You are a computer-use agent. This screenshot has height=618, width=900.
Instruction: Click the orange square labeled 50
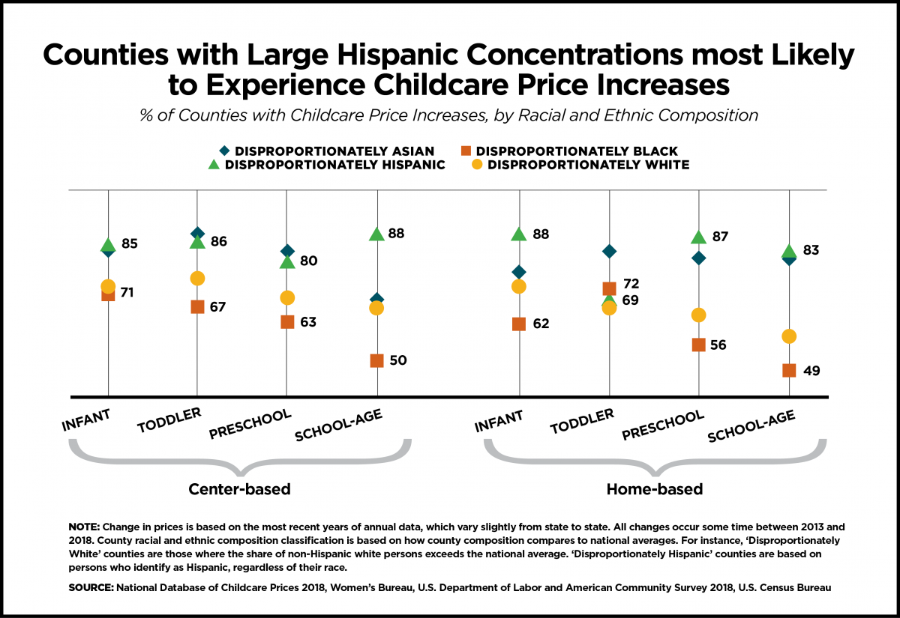tap(376, 360)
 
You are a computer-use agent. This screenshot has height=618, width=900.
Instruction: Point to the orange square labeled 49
tap(789, 370)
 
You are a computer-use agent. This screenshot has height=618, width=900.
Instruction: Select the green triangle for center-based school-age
tap(376, 234)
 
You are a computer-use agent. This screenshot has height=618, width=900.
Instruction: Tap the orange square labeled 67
tap(197, 306)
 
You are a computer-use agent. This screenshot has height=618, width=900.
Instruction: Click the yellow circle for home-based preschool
tap(698, 315)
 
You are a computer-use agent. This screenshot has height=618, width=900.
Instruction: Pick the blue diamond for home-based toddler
tap(609, 251)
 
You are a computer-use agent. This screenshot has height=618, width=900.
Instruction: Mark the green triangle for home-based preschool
tap(698, 237)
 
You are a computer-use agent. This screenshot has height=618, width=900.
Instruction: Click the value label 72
tap(631, 284)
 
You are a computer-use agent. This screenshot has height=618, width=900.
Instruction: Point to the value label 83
tap(811, 250)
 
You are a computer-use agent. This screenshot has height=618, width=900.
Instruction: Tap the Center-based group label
tap(239, 490)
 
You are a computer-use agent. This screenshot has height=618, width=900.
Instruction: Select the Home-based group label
tap(654, 490)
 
